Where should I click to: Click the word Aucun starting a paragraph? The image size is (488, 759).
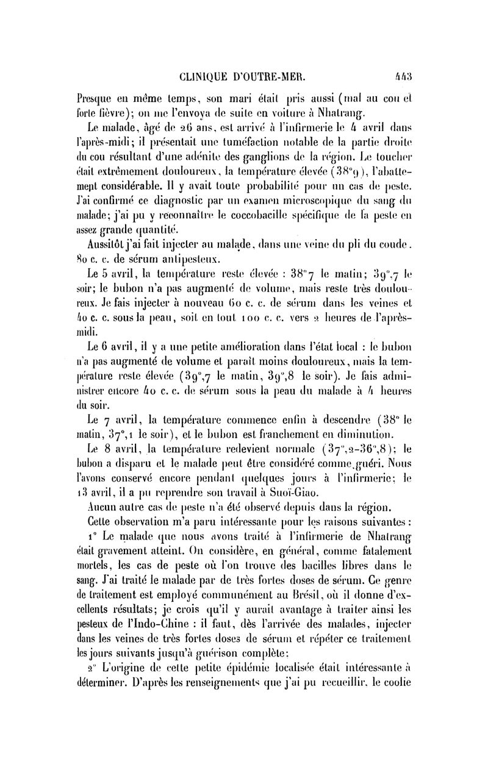[104, 486]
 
